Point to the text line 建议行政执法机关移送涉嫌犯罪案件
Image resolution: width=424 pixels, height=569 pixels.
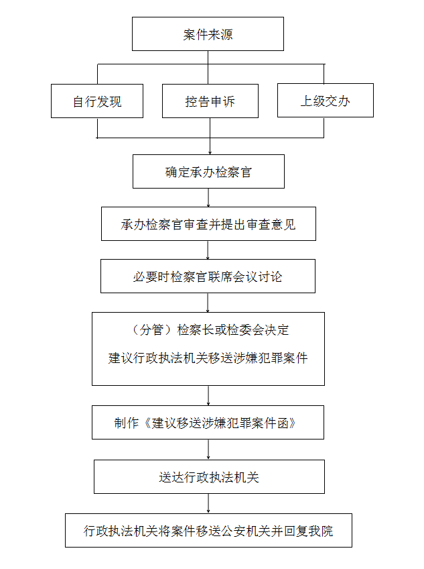pyautogui.click(x=208, y=358)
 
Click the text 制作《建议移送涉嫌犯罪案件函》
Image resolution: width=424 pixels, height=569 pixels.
pyautogui.click(x=206, y=423)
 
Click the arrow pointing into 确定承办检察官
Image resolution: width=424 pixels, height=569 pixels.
pyautogui.click(x=210, y=136)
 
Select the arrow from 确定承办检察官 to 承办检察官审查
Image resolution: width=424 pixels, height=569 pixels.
pyautogui.click(x=208, y=198)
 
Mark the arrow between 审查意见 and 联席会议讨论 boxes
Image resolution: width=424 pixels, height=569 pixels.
pyautogui.click(x=208, y=250)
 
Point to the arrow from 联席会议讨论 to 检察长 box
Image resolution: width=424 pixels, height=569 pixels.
pyautogui.click(x=208, y=303)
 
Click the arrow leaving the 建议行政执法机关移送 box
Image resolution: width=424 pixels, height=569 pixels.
pyautogui.click(x=208, y=395)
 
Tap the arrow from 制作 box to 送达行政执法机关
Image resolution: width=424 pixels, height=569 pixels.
pyautogui.click(x=208, y=450)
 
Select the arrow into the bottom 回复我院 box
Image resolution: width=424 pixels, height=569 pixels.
pyautogui.click(x=208, y=504)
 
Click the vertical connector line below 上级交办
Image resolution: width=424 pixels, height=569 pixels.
pyautogui.click(x=324, y=127)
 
